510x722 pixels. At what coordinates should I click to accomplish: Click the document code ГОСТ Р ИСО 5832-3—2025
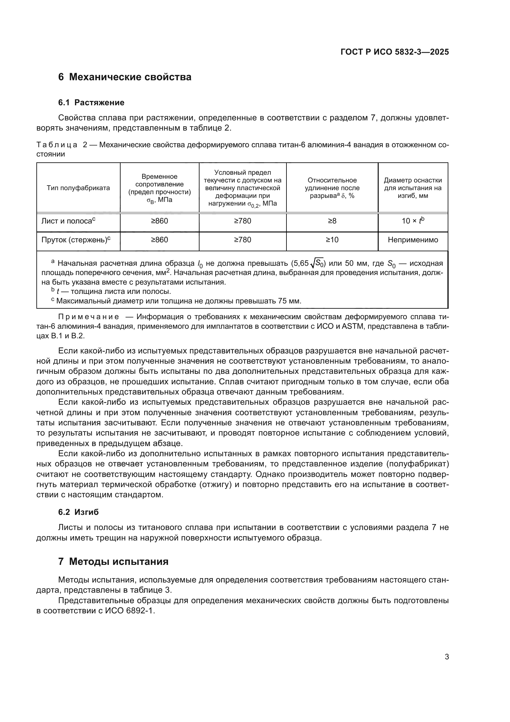pyautogui.click(x=394, y=52)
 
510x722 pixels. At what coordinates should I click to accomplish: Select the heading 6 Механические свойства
pyautogui.click(x=125, y=77)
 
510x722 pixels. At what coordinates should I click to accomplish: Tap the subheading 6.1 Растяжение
pyautogui.click(x=91, y=102)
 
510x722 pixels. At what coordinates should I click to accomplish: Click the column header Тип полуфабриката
pyautogui.click(x=78, y=188)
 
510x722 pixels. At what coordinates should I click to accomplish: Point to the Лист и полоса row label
pyautogui.click(x=68, y=221)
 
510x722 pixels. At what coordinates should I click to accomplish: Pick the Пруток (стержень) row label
pyautogui.click(x=76, y=240)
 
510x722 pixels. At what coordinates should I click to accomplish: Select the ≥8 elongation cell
pyautogui.click(x=332, y=221)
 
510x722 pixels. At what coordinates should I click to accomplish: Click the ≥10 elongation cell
pyautogui.click(x=332, y=240)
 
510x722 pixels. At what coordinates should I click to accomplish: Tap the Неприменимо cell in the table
pyautogui.click(x=413, y=240)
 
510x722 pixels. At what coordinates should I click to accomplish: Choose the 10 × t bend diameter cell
pyautogui.click(x=413, y=221)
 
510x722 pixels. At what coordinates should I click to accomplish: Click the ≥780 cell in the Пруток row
pyautogui.click(x=242, y=240)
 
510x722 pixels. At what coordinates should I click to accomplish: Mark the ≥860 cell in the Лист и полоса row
pyautogui.click(x=159, y=221)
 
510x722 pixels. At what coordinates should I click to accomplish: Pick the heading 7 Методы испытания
pyautogui.click(x=113, y=561)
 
